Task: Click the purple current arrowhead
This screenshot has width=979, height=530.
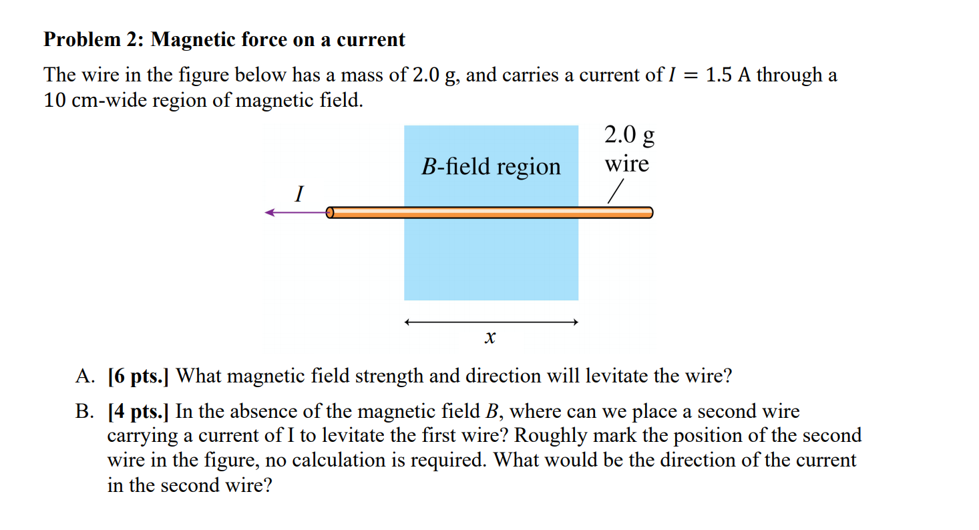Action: coord(270,212)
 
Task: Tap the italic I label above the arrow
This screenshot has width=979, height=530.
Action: coord(299,194)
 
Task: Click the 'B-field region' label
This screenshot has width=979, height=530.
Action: coord(491,166)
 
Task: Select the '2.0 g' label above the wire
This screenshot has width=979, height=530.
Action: coord(629,135)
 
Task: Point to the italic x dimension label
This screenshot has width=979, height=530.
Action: coord(490,337)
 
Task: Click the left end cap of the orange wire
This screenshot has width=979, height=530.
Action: coord(330,213)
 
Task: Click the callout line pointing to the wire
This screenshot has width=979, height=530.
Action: coord(615,192)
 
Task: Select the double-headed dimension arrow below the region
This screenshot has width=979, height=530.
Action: coord(492,322)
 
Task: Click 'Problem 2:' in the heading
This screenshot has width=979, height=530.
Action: coord(93,39)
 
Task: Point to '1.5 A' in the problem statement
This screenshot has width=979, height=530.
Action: coord(728,75)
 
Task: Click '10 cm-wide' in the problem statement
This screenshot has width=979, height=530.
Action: coord(95,100)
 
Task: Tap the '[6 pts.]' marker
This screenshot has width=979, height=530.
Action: coord(138,376)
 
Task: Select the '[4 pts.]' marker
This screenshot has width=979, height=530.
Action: coord(138,411)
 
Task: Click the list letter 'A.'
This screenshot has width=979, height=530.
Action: coord(85,376)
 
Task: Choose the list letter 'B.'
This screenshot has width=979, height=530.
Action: coord(84,411)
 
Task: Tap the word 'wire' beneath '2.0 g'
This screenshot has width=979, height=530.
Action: coord(627,164)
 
